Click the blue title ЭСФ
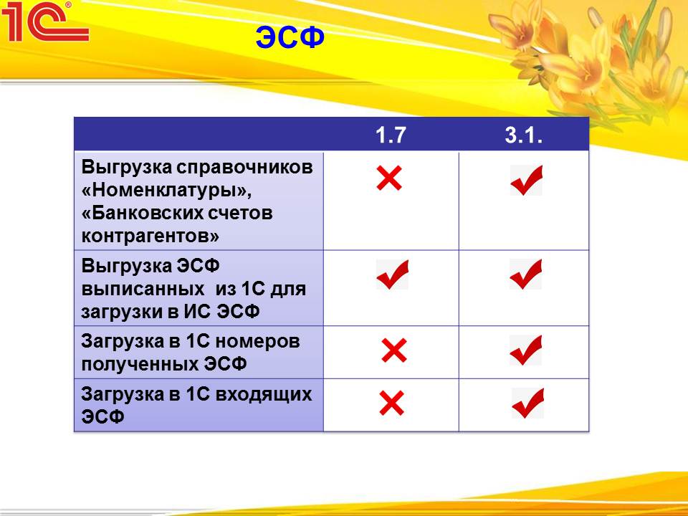click(290, 37)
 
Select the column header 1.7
click(391, 135)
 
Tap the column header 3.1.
click(523, 135)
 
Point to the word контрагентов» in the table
click(150, 236)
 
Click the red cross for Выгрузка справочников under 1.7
click(389, 178)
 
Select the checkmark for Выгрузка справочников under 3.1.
click(527, 180)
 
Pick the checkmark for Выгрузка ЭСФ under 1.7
click(393, 274)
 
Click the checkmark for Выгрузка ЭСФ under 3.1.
click(525, 274)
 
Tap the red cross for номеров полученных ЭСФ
click(394, 350)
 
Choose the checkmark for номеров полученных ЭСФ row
click(525, 350)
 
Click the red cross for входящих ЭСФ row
click(392, 403)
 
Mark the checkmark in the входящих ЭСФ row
click(528, 403)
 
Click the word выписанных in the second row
click(143, 289)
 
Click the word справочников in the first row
click(245, 168)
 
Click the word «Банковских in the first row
click(141, 213)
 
